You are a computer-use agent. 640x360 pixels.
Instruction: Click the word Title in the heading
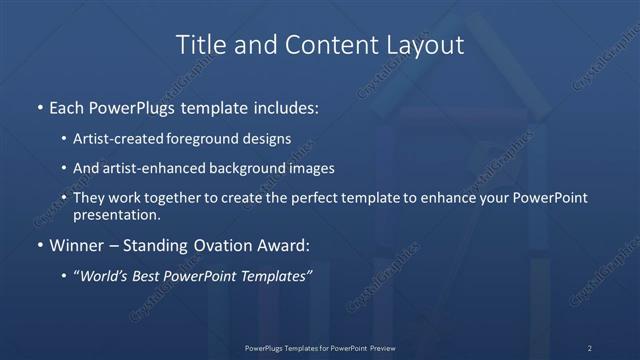(x=198, y=45)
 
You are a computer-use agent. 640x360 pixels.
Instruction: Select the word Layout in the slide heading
(x=426, y=45)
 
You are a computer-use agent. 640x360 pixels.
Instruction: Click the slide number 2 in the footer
(x=589, y=348)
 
